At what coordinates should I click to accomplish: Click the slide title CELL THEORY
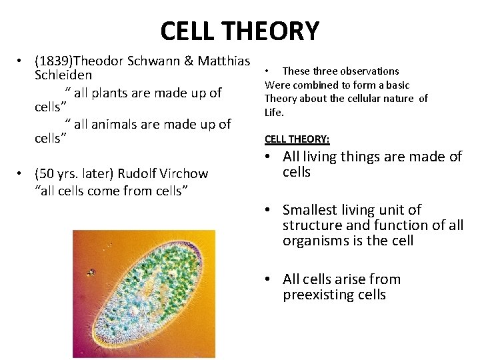pyautogui.click(x=240, y=31)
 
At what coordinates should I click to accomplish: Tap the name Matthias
pyautogui.click(x=221, y=61)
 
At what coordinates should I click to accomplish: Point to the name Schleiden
pyautogui.click(x=63, y=75)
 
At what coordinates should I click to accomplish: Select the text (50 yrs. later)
pyautogui.click(x=74, y=174)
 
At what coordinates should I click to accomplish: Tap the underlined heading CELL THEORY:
pyautogui.click(x=297, y=139)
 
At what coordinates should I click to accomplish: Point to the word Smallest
pyautogui.click(x=310, y=210)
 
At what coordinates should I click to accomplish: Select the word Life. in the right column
pyautogui.click(x=274, y=113)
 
